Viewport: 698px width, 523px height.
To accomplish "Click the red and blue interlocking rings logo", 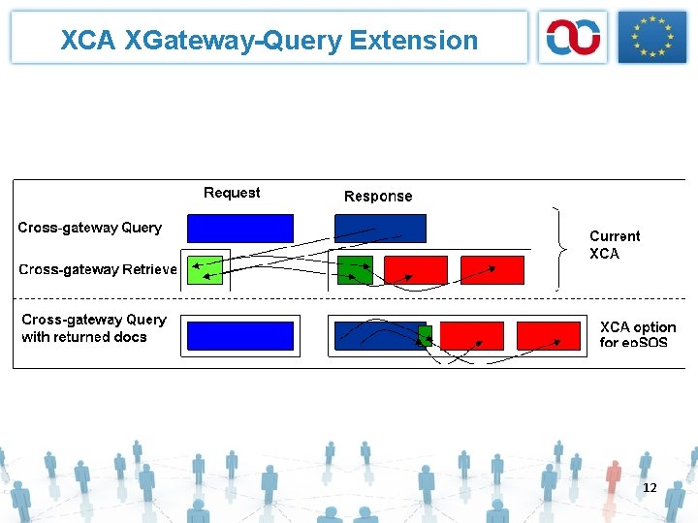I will (573, 38).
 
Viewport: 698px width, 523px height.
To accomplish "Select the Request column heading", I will (232, 193).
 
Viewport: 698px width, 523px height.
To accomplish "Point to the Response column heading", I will (378, 196).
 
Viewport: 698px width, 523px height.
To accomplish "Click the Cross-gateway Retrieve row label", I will (98, 269).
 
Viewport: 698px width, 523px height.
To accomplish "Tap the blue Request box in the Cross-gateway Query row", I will (239, 228).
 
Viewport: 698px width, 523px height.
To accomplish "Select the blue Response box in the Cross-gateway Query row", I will (380, 228).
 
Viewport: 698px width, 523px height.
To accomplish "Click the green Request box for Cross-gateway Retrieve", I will (204, 269).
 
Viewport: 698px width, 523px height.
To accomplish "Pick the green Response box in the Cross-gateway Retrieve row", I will (354, 269).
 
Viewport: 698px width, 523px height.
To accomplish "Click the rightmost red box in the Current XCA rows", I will (492, 269).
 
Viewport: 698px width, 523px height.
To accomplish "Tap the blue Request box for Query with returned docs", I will (239, 335).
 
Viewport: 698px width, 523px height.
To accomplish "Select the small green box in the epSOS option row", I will (425, 335).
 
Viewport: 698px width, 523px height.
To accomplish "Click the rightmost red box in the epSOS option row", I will (549, 335).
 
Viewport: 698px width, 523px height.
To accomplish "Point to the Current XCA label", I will (615, 244).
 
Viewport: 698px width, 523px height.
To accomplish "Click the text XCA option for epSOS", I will (637, 334).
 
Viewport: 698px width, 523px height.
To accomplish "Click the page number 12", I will (650, 487).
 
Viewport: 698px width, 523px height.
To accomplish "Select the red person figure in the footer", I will (612, 476).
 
